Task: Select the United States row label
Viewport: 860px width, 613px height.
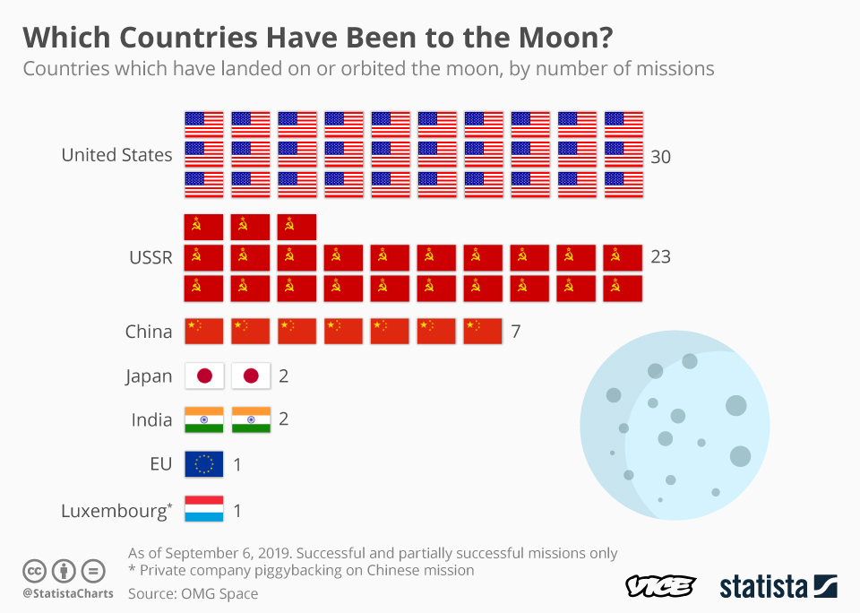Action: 116,155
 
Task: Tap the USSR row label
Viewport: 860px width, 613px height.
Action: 150,257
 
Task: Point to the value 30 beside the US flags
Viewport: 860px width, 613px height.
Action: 661,157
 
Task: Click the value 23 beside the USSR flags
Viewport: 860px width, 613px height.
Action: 660,257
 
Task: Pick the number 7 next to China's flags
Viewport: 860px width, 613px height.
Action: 516,332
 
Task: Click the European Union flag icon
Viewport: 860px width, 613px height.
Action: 204,464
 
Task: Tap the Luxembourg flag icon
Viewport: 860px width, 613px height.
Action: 204,510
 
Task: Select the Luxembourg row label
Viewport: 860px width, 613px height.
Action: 116,511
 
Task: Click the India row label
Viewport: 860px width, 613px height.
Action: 151,419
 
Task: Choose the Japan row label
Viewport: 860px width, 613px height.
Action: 149,376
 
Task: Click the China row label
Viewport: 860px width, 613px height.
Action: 149,332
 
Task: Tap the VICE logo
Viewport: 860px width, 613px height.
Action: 660,587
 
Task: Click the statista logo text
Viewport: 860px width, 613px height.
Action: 764,587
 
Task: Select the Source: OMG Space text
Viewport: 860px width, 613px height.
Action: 193,593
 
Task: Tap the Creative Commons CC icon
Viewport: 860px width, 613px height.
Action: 34,570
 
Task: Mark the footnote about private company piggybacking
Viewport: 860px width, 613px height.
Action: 301,570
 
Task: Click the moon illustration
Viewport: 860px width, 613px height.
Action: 675,433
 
